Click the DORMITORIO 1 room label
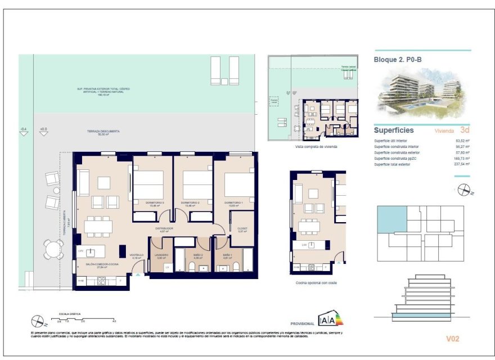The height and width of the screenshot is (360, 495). [x=233, y=202]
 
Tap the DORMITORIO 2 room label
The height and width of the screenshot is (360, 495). [x=192, y=202]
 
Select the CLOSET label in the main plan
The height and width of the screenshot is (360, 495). [x=243, y=228]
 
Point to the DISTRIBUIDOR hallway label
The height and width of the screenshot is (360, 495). [x=164, y=228]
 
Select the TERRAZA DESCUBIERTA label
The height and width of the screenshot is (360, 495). [x=103, y=132]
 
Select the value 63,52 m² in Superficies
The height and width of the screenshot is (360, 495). [x=462, y=141]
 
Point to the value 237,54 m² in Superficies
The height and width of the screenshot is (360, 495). [x=462, y=164]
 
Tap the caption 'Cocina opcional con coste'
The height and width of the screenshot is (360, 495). [x=316, y=283]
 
